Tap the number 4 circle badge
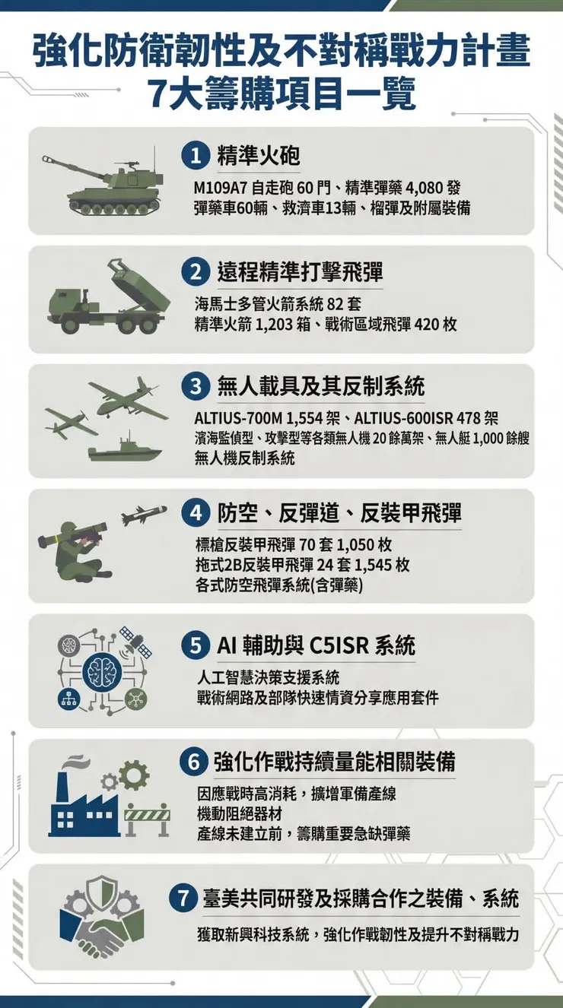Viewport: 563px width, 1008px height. tap(195, 515)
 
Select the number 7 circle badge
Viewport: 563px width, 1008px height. tap(184, 899)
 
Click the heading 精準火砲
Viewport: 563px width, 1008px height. tap(258, 156)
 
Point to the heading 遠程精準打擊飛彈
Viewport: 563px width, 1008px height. tap(300, 273)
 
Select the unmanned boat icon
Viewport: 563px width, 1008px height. tap(125, 450)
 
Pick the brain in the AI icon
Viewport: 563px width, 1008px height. tap(101, 669)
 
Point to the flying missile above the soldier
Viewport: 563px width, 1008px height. tap(145, 516)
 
